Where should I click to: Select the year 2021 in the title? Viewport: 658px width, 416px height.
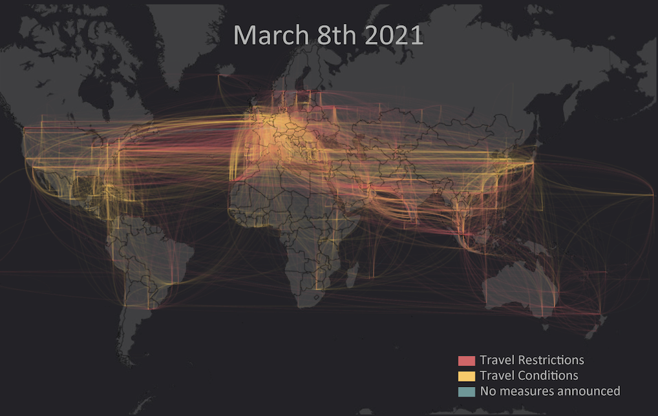[394, 36]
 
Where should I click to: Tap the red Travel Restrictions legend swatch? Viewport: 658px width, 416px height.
[467, 360]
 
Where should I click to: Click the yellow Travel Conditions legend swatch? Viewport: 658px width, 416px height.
[467, 376]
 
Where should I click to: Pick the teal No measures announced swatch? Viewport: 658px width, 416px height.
[467, 391]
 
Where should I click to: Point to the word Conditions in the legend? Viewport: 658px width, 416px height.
[546, 375]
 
